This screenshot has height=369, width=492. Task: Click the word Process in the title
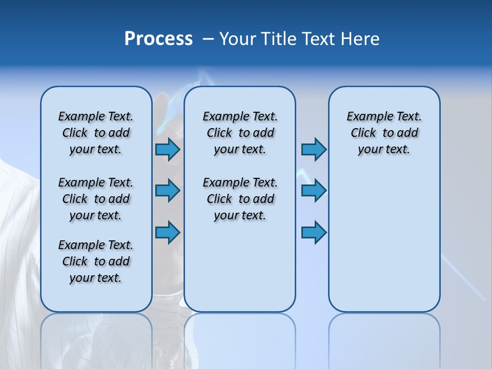[158, 39]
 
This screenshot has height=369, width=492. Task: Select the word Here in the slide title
[360, 39]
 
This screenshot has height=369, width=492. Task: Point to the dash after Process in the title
[208, 39]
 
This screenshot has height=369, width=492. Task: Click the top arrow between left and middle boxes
[167, 150]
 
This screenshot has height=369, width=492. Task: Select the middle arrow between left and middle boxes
[167, 191]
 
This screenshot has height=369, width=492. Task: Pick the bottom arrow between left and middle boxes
[167, 233]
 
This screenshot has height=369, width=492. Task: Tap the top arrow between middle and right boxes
[314, 150]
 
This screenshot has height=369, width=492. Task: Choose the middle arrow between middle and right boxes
[314, 191]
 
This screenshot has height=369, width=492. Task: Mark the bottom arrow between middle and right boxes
[314, 233]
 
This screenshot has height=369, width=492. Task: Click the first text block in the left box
[96, 133]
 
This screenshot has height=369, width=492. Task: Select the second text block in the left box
[96, 199]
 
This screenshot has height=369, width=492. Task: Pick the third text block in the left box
[96, 261]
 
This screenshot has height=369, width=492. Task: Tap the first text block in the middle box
[240, 133]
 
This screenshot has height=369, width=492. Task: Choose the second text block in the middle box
[240, 199]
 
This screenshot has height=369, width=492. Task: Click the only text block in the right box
[384, 133]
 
